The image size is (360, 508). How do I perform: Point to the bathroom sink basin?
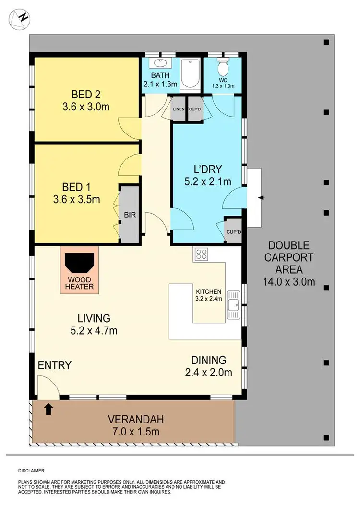click(158, 63)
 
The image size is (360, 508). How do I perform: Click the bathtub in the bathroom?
click(190, 73)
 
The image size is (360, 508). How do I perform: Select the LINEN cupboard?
click(179, 109)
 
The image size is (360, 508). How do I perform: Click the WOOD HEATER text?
click(80, 283)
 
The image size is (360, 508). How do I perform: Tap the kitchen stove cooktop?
click(200, 254)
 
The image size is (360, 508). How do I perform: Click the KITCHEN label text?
click(208, 291)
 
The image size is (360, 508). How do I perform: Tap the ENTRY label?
click(55, 365)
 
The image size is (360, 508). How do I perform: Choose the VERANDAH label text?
click(135, 419)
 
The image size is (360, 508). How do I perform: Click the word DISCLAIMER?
click(32, 471)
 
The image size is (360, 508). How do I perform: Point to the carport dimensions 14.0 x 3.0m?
click(289, 282)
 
